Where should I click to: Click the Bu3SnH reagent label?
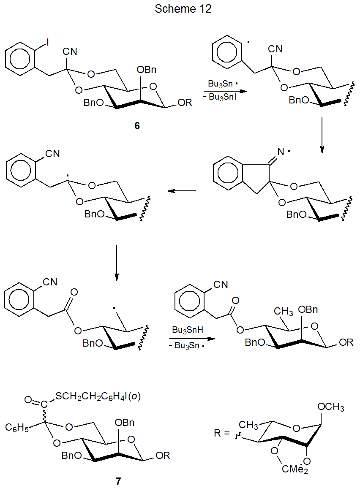(188, 329)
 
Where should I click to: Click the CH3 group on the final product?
(283, 312)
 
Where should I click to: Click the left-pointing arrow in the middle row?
(182, 191)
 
